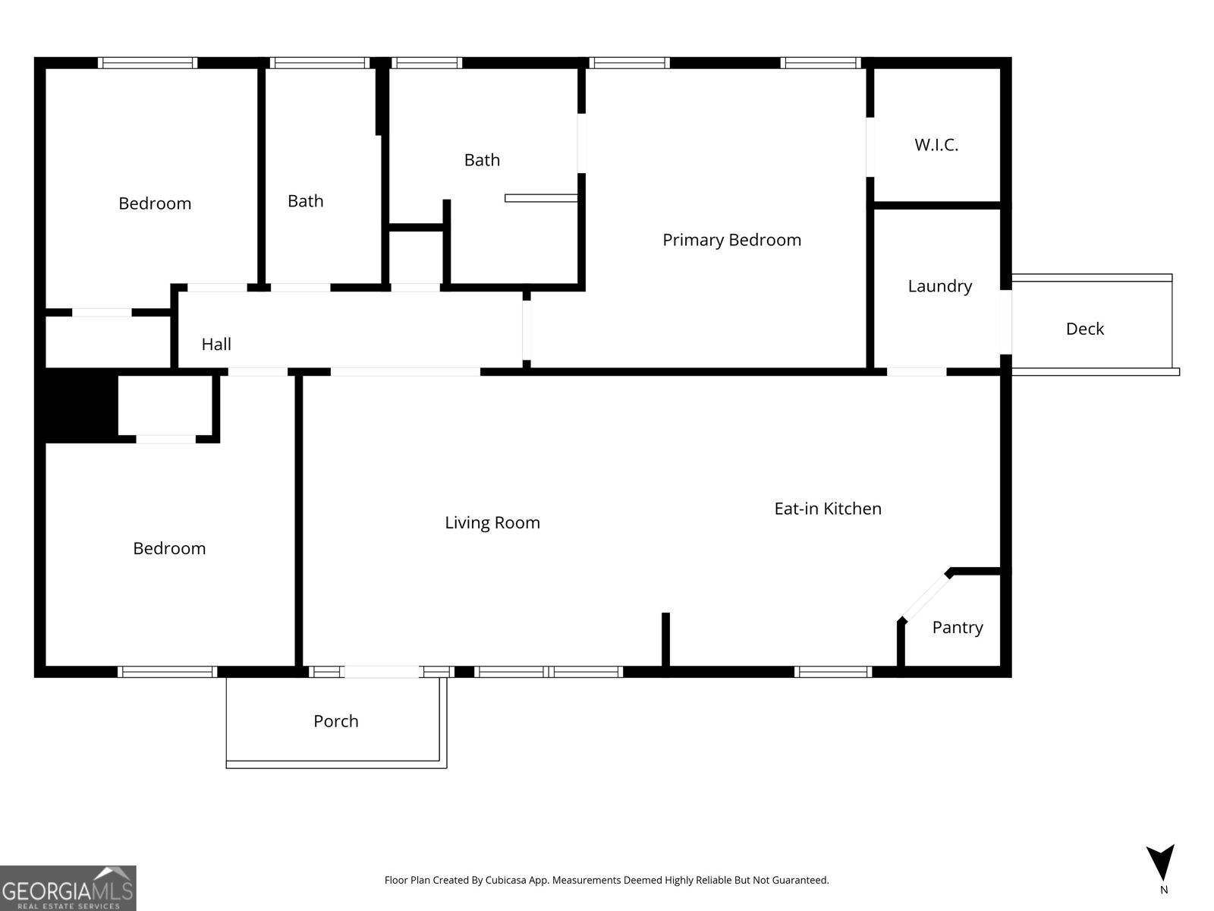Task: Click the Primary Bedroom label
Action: (731, 240)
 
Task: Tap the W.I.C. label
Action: (936, 145)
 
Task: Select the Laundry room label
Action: (939, 286)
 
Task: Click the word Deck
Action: (1084, 329)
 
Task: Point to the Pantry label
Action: (957, 627)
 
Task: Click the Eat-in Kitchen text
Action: (827, 509)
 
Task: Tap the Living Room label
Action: (492, 522)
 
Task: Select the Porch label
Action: (335, 721)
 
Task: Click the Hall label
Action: (216, 345)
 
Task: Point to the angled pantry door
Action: (923, 597)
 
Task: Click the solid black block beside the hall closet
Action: (80, 404)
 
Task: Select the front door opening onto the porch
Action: (382, 672)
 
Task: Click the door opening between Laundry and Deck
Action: (1005, 322)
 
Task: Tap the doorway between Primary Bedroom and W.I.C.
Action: (870, 147)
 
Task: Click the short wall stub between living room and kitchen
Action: (665, 639)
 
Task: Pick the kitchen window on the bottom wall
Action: (832, 672)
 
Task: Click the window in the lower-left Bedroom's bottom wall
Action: (167, 672)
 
